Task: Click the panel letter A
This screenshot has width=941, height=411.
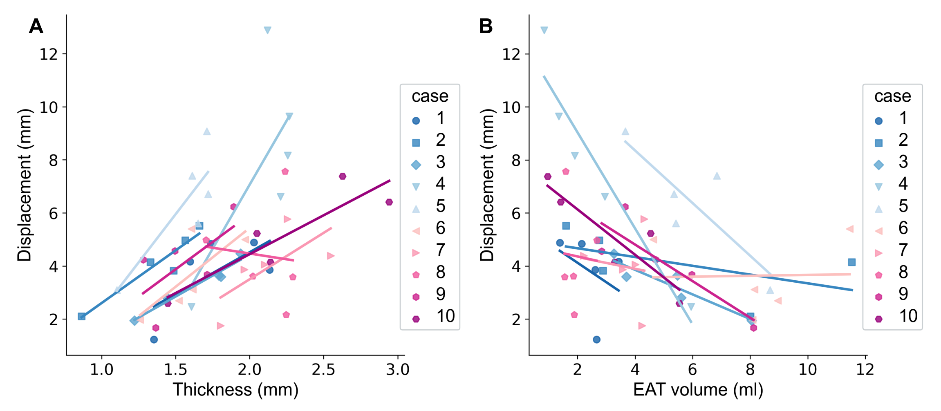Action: point(36,27)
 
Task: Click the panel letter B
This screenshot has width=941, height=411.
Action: point(486,27)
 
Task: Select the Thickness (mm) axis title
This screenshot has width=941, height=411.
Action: point(235,390)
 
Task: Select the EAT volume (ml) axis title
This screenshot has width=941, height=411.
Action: point(698,390)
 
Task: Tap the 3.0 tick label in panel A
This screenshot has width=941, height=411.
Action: point(398,369)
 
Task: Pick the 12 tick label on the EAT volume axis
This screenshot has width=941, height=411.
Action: point(865,369)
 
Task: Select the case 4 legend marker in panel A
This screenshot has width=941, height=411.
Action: point(416,187)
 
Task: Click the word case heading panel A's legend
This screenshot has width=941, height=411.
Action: point(430,96)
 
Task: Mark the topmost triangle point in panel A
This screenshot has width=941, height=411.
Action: point(267,30)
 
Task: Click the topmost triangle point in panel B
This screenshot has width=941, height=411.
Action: point(544,30)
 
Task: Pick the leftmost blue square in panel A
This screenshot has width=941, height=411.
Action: point(82,317)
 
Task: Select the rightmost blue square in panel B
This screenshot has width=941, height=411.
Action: point(852,262)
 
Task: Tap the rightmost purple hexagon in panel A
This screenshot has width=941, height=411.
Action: point(389,202)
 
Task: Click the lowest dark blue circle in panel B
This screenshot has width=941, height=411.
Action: point(596,340)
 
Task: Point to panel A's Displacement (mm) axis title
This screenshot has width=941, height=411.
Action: point(24,185)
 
